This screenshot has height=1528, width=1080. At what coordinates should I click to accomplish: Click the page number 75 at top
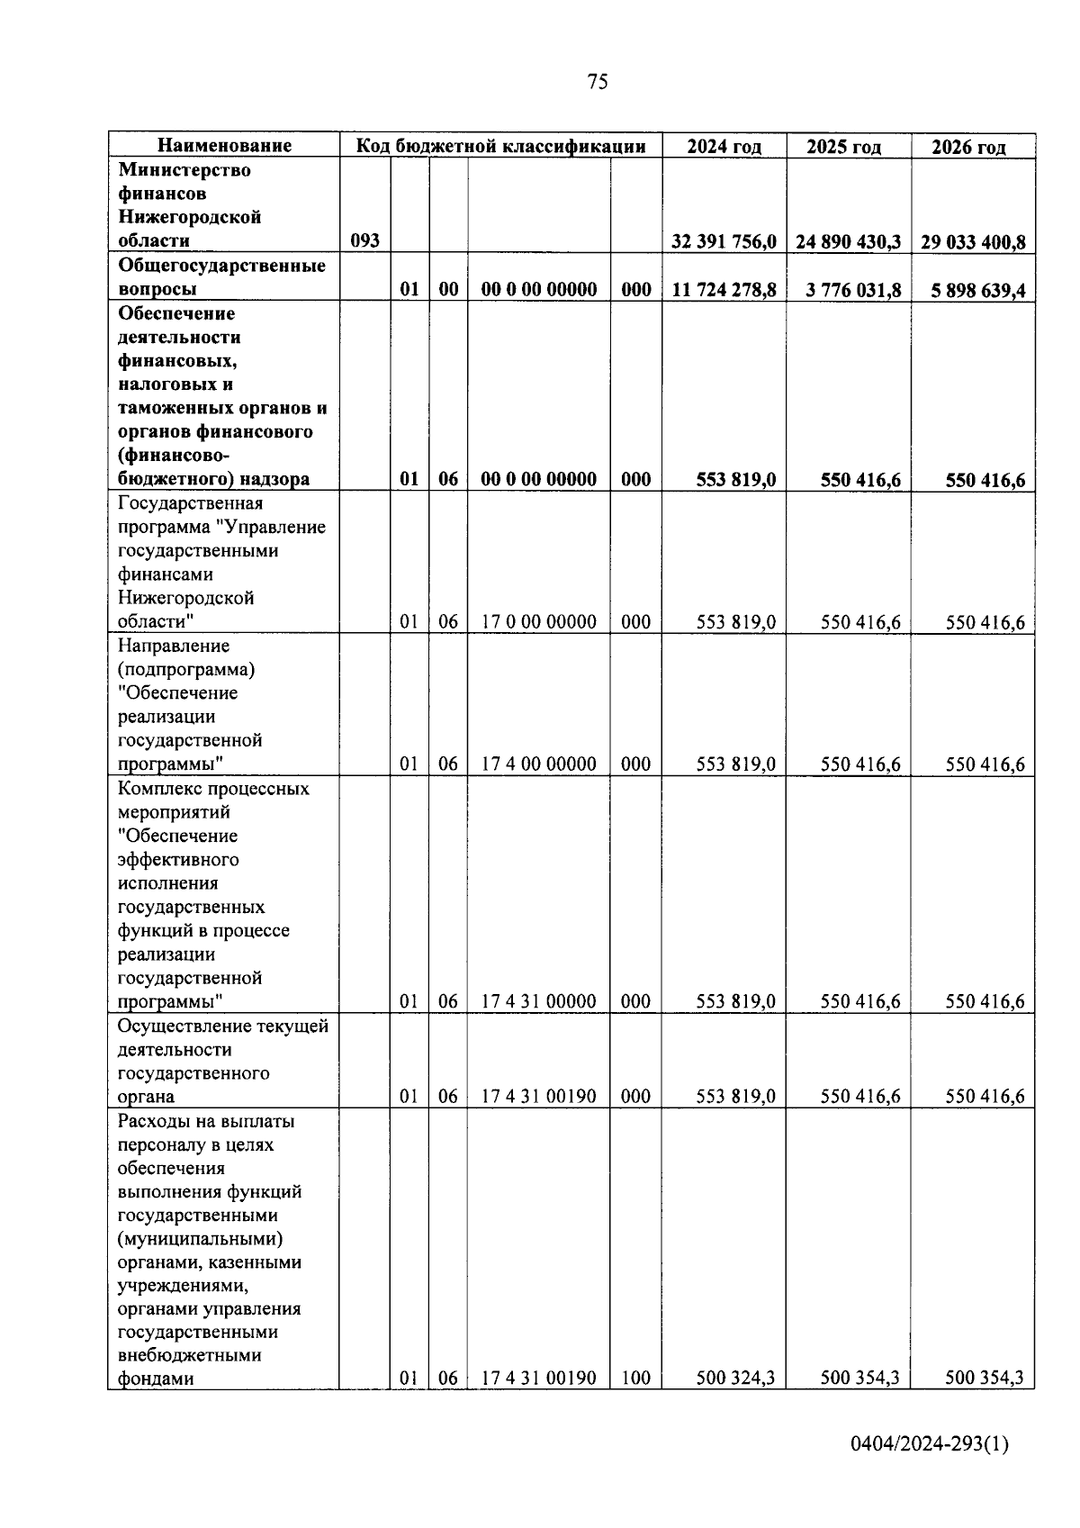coord(597,82)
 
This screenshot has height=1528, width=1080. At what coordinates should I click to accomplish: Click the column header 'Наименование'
coord(225,146)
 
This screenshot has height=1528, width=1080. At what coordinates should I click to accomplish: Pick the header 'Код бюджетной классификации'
coord(500,146)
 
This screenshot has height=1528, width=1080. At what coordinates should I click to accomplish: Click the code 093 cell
coord(364,241)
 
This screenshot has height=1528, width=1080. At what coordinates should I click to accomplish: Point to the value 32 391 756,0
coord(724,241)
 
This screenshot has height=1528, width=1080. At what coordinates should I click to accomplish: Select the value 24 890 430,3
coord(848,241)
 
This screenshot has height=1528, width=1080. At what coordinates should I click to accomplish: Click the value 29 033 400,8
coord(973,241)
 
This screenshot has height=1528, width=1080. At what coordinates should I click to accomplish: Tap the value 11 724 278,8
coord(724,290)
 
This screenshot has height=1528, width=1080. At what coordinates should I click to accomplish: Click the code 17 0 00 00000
coord(538,622)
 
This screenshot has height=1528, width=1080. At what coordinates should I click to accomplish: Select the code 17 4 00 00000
coord(538,764)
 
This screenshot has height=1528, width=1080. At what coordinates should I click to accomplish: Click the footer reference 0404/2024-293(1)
coord(930,1444)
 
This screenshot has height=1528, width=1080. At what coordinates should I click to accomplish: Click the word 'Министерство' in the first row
coord(184,170)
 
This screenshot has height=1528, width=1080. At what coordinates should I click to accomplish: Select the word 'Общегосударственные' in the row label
coord(221,266)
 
